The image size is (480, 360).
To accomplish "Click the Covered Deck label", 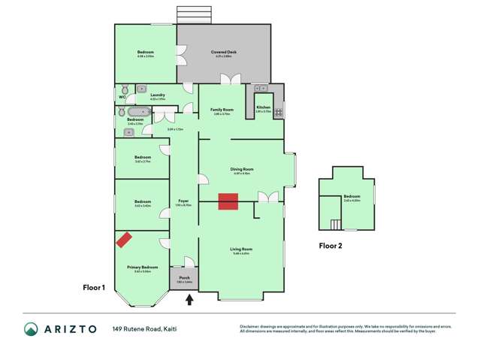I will point(224,52).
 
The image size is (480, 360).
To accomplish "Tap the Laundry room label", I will point(158,95).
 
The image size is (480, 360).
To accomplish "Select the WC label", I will point(122,98).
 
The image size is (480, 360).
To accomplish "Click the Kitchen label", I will point(264,107).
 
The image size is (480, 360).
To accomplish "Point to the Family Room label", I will point(223,110).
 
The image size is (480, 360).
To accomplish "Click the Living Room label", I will point(242,249).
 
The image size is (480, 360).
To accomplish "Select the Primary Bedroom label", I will point(142,267).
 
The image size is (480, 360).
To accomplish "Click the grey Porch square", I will point(184,280).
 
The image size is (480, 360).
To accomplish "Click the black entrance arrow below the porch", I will point(189,300).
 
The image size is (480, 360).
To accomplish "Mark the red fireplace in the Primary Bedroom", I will point(123,240).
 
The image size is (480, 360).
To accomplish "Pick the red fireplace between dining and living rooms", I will point(228,201).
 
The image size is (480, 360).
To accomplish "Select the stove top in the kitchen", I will point(277,113).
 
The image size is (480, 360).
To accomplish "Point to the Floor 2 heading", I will point(330,245).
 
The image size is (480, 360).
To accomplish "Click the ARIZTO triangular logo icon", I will point(32,329).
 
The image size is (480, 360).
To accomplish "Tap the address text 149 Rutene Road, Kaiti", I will point(145,329).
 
